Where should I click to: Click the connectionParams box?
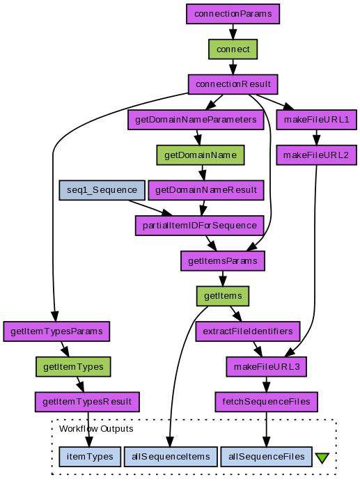(x=233, y=14)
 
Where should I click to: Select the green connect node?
(x=233, y=49)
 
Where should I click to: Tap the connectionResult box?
(x=233, y=84)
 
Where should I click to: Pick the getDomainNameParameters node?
(x=196, y=120)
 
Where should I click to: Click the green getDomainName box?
(x=201, y=155)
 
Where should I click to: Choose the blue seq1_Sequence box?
(x=102, y=190)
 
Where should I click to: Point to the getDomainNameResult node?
(x=206, y=190)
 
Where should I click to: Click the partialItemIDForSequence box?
(x=200, y=226)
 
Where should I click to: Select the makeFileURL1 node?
(x=317, y=120)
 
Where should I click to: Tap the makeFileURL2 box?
(x=317, y=155)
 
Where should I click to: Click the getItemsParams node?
(x=223, y=261)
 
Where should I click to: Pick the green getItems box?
(x=223, y=296)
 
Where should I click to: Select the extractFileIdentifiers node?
(x=248, y=331)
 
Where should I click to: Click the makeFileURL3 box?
(x=266, y=366)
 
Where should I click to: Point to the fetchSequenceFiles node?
(x=266, y=402)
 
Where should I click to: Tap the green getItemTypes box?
(x=73, y=366)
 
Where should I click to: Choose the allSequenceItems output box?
(x=171, y=457)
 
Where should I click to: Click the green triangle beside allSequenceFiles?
(x=322, y=457)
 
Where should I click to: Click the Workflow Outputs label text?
(x=96, y=429)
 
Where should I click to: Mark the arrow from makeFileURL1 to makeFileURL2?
(x=317, y=137)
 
